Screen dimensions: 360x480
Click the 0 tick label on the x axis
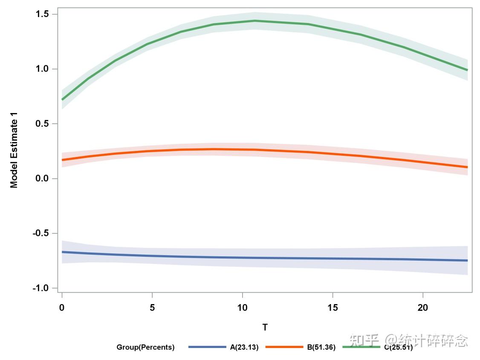coord(62,308)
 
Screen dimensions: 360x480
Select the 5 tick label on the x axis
coord(152,308)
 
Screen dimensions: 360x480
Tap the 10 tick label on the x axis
coord(242,308)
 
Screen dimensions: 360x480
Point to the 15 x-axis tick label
coord(333,308)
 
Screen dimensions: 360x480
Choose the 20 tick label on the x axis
coord(422,308)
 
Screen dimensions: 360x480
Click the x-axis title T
coord(265,328)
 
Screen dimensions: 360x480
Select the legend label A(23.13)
coord(244,347)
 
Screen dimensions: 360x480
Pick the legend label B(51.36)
coord(321,347)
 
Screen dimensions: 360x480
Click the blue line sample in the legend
coord(207,347)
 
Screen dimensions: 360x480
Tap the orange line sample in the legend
coord(284,347)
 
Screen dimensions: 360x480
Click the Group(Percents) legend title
coord(145,347)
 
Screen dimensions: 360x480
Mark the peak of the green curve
coord(255,20)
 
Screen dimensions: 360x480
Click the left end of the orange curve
coord(62,160)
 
